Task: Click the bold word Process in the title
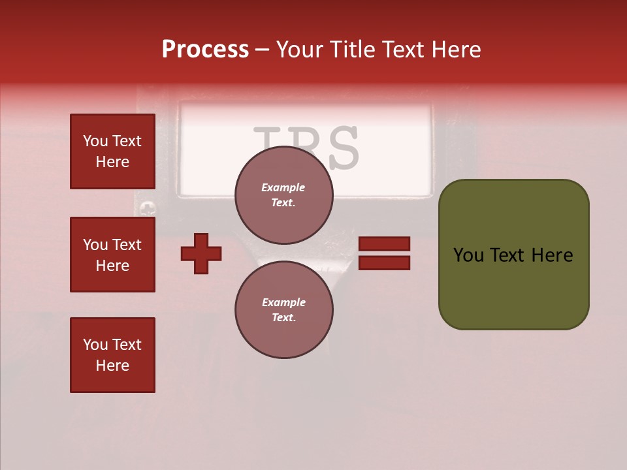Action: [205, 50]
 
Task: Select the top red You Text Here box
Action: [112, 151]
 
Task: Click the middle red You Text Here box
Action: [112, 255]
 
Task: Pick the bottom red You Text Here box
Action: [112, 355]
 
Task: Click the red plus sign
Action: [201, 253]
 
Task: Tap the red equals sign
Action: [385, 253]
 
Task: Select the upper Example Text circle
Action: [283, 195]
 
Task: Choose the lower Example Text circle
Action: [283, 309]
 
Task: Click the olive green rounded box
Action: [513, 255]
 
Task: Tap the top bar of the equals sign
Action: [385, 243]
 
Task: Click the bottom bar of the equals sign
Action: [385, 263]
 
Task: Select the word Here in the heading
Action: [455, 50]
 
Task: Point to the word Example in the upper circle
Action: [283, 187]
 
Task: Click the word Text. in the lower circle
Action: [283, 317]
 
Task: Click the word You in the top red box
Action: [95, 141]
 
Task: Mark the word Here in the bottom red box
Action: [112, 366]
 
